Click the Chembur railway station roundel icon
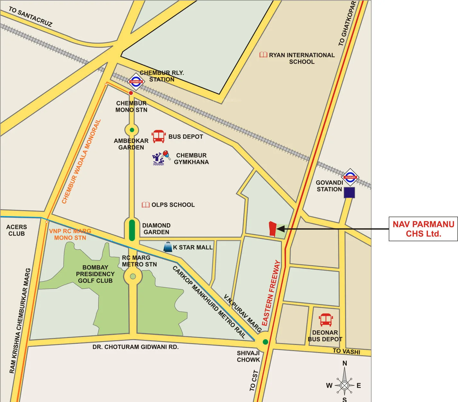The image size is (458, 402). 136,82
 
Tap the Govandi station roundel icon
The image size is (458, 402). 350,177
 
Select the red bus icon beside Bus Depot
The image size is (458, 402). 158,136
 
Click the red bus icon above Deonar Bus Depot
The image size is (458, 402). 326,320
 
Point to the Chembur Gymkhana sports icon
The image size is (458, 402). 161,158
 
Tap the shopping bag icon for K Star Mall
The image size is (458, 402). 168,247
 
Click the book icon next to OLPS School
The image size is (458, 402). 146,205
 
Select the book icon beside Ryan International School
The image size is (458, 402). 263,55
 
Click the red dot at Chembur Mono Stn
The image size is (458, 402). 131,93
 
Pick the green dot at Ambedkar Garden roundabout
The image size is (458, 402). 131,130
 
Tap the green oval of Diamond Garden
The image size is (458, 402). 132,230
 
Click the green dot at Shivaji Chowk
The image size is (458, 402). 265,342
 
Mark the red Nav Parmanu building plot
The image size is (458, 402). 272,229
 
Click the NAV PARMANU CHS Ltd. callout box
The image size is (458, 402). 423,229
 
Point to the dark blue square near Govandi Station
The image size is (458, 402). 349,193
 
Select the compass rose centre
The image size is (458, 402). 344,385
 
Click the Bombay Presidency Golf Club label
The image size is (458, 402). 95,274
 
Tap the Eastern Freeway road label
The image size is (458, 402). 271,293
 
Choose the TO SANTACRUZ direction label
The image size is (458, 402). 30,16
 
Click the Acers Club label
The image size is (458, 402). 17,230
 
